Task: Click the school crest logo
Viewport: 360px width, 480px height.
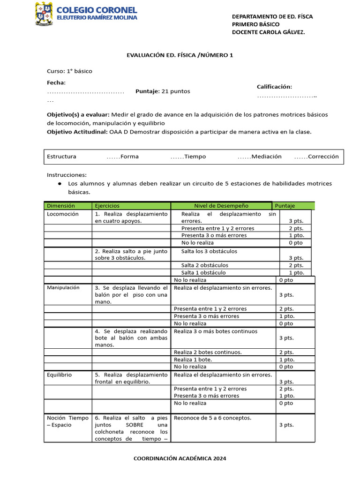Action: tap(44, 14)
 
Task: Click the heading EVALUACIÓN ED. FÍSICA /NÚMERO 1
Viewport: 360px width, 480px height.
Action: tap(180, 55)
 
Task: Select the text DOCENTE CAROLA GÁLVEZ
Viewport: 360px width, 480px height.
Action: tap(268, 32)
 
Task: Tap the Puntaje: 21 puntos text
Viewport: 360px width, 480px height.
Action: tap(163, 91)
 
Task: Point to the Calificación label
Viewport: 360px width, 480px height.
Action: tap(274, 87)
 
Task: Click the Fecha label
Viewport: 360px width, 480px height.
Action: tap(56, 82)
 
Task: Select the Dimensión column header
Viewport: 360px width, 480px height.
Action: tap(61, 206)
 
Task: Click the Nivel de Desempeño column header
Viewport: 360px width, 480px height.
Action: tap(221, 206)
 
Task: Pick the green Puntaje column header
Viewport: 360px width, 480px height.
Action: tap(293, 206)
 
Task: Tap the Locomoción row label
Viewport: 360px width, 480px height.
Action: tap(63, 214)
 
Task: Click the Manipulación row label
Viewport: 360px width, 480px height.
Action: tap(63, 287)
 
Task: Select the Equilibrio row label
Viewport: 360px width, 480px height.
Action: tap(60, 375)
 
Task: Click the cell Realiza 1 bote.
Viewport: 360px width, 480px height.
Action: tap(193, 360)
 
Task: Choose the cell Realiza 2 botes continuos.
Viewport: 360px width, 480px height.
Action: tap(208, 352)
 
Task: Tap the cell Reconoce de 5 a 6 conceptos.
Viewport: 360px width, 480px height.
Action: tap(212, 418)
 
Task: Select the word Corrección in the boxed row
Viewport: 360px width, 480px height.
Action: tap(323, 157)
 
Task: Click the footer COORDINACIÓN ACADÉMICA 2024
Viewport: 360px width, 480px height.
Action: tap(180, 458)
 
